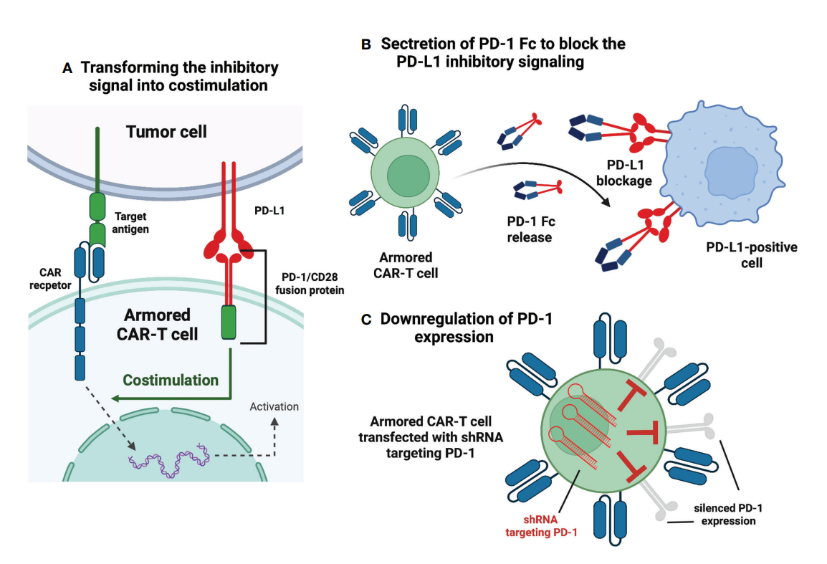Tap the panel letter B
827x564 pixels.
click(365, 44)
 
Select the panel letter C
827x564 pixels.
click(365, 320)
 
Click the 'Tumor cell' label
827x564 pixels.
click(166, 132)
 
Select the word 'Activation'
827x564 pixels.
click(274, 406)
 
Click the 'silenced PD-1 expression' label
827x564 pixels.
click(724, 514)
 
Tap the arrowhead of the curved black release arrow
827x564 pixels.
click(611, 203)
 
